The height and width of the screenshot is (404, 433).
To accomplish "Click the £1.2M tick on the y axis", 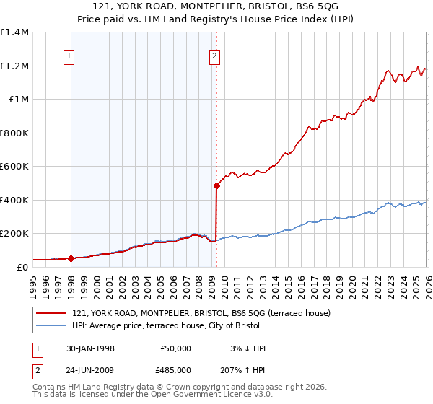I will point(14,66).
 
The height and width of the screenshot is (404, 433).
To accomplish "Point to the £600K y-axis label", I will point(14,166).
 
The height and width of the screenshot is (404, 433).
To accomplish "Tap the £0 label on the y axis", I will point(23,267).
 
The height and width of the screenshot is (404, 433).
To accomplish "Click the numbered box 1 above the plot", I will point(69,56).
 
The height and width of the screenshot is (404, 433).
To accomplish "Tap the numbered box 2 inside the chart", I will point(215,56).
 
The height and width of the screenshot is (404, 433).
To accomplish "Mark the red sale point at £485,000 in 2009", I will point(216,185).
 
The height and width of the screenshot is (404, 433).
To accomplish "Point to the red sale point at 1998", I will point(71,258).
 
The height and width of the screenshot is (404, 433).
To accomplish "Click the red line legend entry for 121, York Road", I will point(201,313).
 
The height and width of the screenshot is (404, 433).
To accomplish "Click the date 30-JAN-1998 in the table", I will point(90,348).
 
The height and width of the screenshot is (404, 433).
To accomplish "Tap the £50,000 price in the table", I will point(175,348).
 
